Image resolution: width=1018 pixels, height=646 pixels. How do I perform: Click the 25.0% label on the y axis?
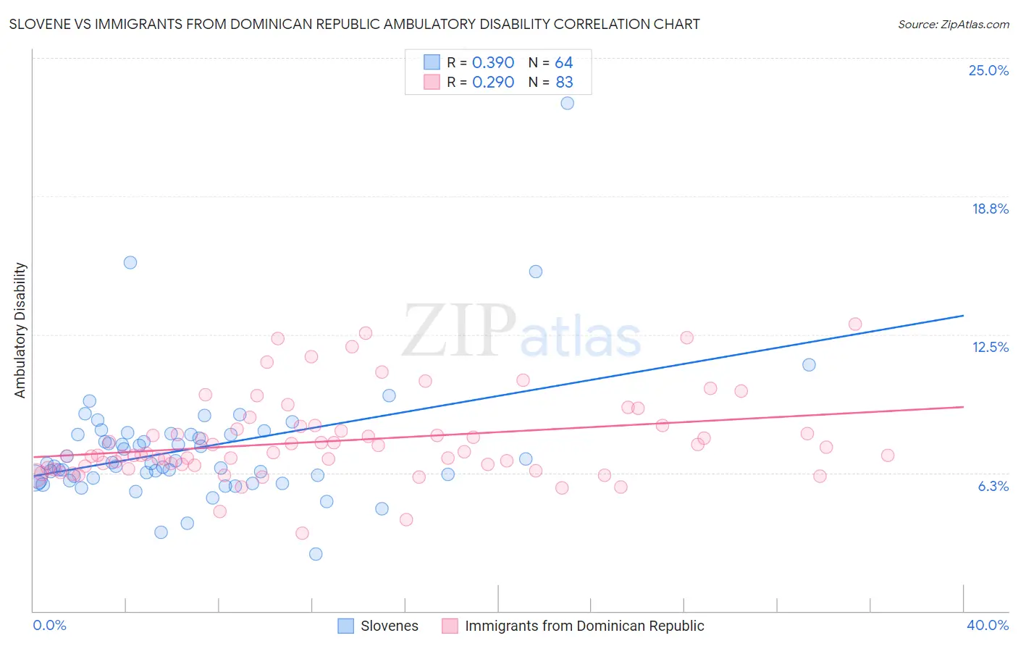tap(988, 70)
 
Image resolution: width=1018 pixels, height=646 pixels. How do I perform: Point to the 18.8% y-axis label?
tap(990, 209)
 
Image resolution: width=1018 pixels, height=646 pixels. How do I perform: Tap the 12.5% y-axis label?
tap(990, 347)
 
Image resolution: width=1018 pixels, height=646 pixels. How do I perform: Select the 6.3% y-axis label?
tap(993, 486)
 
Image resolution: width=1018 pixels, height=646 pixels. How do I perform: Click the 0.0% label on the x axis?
tap(49, 625)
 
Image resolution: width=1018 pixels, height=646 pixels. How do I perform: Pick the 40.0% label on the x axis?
tap(987, 625)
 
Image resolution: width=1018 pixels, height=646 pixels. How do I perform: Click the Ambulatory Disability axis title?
tap(20, 330)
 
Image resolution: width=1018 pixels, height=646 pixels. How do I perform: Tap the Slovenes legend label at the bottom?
tap(390, 626)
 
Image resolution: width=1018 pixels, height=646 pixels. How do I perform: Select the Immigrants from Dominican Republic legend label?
tap(584, 626)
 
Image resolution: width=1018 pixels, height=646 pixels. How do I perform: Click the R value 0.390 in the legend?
tap(493, 63)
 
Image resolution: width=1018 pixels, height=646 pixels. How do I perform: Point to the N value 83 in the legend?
tap(564, 83)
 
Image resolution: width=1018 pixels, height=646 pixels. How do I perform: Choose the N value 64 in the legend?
tap(563, 63)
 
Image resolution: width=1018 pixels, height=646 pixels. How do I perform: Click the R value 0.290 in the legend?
tap(493, 83)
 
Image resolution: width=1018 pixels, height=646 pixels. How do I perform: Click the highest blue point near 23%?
tap(568, 104)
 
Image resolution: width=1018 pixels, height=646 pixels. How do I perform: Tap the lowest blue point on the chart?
tap(316, 554)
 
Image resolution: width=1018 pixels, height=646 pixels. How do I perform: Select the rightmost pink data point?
tap(888, 456)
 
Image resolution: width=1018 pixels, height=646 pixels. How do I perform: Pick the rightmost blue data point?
tap(809, 365)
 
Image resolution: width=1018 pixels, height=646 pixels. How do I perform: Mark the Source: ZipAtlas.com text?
tap(953, 24)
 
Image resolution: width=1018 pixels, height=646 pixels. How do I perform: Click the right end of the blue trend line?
tap(963, 316)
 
